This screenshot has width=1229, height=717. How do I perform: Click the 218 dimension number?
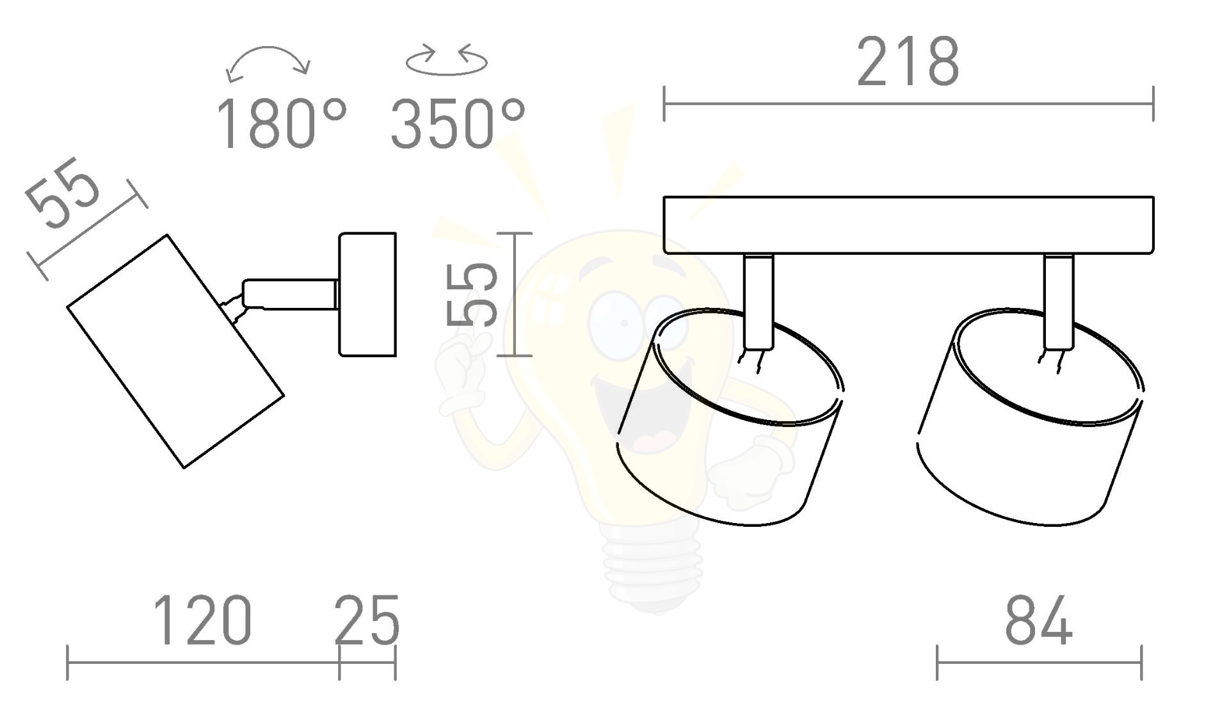(908, 61)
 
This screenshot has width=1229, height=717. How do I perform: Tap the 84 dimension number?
(1038, 620)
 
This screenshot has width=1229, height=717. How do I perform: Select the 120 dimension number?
(202, 620)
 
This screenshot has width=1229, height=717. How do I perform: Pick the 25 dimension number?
(367, 620)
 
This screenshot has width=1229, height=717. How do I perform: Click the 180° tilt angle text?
(282, 124)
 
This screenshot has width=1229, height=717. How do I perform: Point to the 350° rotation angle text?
(458, 124)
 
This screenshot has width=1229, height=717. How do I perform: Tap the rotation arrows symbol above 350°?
(447, 59)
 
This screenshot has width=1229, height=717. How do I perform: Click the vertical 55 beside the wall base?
(472, 294)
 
